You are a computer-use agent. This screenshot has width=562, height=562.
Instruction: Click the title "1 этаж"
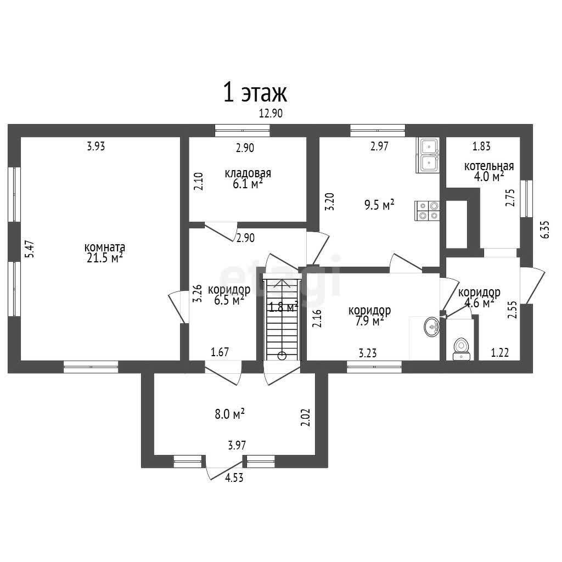[255, 92]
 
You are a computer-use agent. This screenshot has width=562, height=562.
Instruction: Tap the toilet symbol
[460, 349]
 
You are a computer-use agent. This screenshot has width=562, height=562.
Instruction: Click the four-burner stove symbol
[427, 211]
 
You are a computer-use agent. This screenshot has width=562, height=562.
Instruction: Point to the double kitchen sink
[428, 155]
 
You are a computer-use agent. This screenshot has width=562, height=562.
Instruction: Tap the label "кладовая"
[248, 173]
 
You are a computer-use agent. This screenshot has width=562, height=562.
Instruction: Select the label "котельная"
[489, 166]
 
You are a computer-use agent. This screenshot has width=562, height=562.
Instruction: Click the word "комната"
[105, 248]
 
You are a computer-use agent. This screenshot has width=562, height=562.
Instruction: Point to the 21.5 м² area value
[105, 258]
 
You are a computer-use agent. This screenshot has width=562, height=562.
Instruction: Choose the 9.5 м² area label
[379, 205]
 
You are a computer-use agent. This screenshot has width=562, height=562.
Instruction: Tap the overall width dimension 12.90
[271, 113]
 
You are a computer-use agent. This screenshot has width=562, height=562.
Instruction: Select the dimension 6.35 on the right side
[545, 229]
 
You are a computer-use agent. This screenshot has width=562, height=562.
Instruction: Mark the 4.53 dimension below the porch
[234, 478]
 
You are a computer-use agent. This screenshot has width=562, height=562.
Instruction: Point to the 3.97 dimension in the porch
[237, 445]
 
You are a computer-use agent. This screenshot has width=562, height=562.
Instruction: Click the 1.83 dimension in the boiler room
[481, 146]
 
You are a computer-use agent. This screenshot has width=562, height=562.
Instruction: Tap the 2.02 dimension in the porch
[306, 418]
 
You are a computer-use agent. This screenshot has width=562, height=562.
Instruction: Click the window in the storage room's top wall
[242, 131]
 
